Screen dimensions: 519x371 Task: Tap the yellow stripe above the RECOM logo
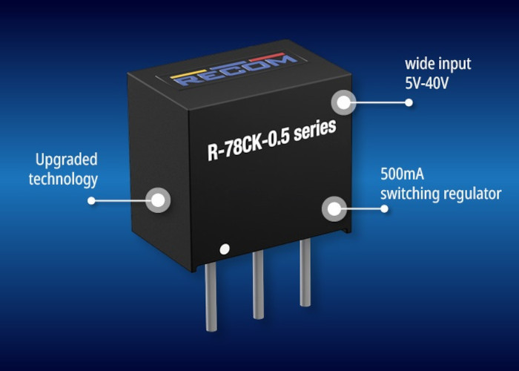tap(188, 74)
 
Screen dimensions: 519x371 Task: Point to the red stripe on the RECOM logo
tap(267, 57)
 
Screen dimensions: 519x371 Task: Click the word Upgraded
tap(66, 160)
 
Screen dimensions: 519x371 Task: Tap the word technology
tap(63, 180)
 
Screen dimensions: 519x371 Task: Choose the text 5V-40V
tap(426, 83)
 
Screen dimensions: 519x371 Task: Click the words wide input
tap(438, 64)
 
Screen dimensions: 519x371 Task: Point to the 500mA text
tap(402, 174)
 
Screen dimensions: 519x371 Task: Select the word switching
tap(410, 194)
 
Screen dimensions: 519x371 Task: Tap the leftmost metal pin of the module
tap(211, 296)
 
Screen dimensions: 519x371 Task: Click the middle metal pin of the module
tap(258, 284)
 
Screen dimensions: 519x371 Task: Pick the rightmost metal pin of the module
tap(305, 272)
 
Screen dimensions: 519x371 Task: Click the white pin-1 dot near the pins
tap(225, 249)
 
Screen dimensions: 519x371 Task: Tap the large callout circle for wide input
tap(344, 102)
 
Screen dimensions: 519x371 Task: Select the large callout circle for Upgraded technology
tap(158, 200)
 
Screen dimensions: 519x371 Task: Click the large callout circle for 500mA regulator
tap(334, 209)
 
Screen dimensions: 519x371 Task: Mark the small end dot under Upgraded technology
tap(91, 200)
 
